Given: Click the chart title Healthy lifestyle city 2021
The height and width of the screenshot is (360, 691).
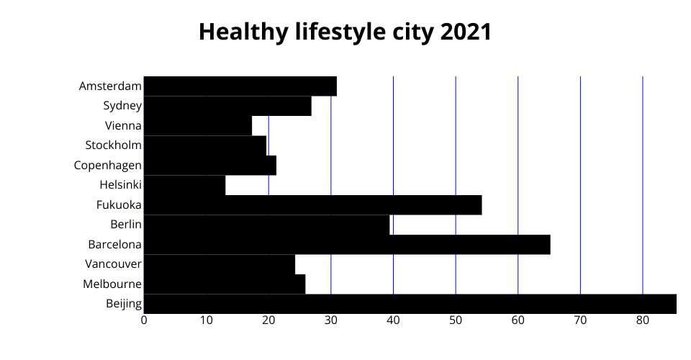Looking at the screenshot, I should tap(345, 32).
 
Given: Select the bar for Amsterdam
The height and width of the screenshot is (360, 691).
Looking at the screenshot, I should tap(240, 86).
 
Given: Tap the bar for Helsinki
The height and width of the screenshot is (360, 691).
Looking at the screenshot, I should tap(184, 185).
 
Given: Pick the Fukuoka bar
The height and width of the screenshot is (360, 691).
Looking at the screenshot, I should tap(312, 205).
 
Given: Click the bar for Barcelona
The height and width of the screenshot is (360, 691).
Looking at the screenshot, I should tap(347, 245).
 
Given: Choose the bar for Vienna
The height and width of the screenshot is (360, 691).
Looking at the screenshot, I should tap(198, 126).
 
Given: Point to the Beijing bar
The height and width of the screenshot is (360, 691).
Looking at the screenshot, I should tap(410, 304).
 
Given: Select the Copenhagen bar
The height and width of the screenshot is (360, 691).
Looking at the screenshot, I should tap(209, 166).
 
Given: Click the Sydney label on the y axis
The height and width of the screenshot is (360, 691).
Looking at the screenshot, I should tap(122, 107).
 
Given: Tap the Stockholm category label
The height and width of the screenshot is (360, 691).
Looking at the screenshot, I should tap(113, 145).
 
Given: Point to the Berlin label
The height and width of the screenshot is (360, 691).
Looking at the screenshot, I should tap(126, 225).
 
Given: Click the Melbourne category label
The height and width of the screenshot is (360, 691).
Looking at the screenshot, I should tap(112, 284).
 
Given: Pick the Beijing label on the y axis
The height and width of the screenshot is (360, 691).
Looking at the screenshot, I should tap(124, 304).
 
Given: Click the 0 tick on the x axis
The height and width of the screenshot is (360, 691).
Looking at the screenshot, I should tap(144, 320).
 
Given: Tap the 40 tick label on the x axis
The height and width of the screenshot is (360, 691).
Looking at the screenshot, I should tap(393, 320).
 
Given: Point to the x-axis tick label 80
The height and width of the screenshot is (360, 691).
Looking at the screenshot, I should tap(643, 320).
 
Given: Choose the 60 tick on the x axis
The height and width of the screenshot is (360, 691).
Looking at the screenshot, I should tap(518, 320).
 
